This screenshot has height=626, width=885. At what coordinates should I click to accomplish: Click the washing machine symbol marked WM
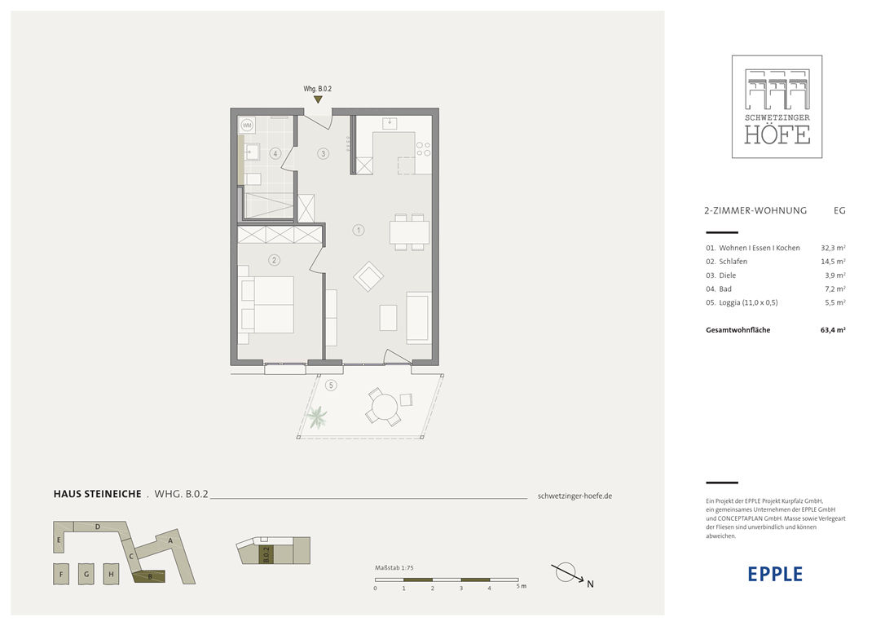pos(247,125)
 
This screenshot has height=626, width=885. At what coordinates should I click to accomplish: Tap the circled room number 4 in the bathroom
pos(275,153)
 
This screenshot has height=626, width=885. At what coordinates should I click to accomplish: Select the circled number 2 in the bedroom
pos(275,260)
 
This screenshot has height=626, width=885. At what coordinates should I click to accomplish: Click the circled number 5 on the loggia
pos(331,386)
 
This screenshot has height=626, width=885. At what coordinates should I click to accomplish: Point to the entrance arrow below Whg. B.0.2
pos(319,99)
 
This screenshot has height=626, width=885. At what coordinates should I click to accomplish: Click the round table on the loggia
pos(385,406)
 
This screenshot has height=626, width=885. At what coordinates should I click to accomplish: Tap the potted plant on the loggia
pos(317,417)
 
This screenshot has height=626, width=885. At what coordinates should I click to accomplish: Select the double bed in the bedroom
pos(266,305)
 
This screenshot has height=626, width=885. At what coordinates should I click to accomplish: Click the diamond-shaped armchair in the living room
pos(368,276)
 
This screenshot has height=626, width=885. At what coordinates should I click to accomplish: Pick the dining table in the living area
pos(409,232)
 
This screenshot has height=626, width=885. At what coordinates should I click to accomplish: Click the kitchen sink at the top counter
pos(390,122)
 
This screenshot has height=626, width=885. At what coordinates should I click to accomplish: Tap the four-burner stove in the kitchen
pos(423,149)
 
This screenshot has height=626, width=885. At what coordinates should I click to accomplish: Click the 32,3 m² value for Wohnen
pos(833,248)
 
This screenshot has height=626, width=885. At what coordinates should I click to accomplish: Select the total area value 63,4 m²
pos(833,330)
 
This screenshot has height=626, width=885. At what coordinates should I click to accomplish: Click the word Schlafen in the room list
pos(733,262)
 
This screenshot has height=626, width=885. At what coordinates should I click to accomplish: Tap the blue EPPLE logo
pos(775,574)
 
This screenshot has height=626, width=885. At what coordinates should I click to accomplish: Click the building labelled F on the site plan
pos(61,574)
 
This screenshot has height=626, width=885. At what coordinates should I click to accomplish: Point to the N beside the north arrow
pos(590,584)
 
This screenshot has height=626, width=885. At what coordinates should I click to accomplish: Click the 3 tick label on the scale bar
pos(461,589)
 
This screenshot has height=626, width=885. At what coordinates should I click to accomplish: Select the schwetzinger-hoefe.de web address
pos(575,496)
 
